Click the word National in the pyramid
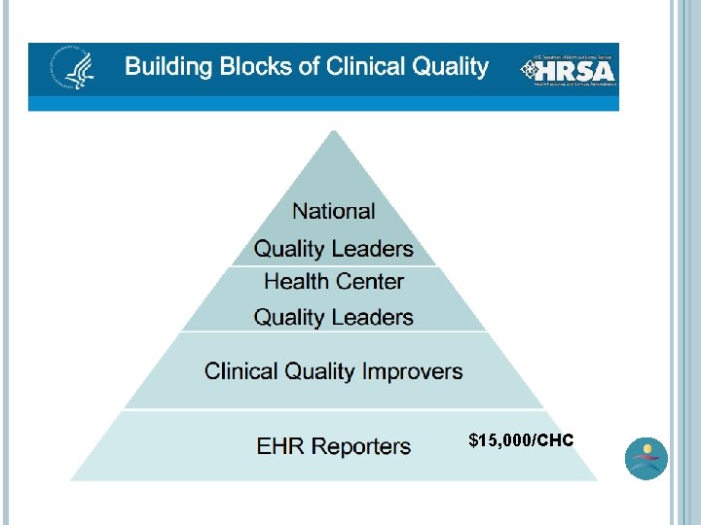[334, 211]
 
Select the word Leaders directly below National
[374, 249]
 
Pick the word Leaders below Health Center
[374, 317]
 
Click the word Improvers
[413, 371]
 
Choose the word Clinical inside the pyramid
[241, 371]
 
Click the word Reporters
[360, 447]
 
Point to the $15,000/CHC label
[521, 441]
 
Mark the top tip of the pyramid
[334, 133]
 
